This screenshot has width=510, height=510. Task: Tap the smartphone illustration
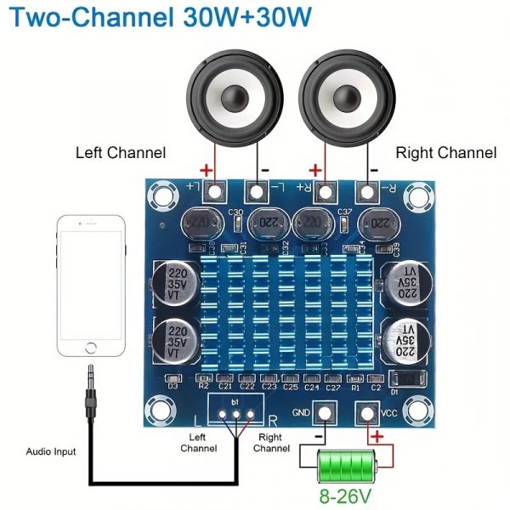coord(91,287)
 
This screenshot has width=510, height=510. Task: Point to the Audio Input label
coord(50,451)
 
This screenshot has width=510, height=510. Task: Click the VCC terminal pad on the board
coord(367,414)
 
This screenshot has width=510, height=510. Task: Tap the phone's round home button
coord(91,346)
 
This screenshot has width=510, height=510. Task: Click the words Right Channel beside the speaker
coord(446,153)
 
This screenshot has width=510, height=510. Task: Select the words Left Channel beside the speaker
coord(121,153)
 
